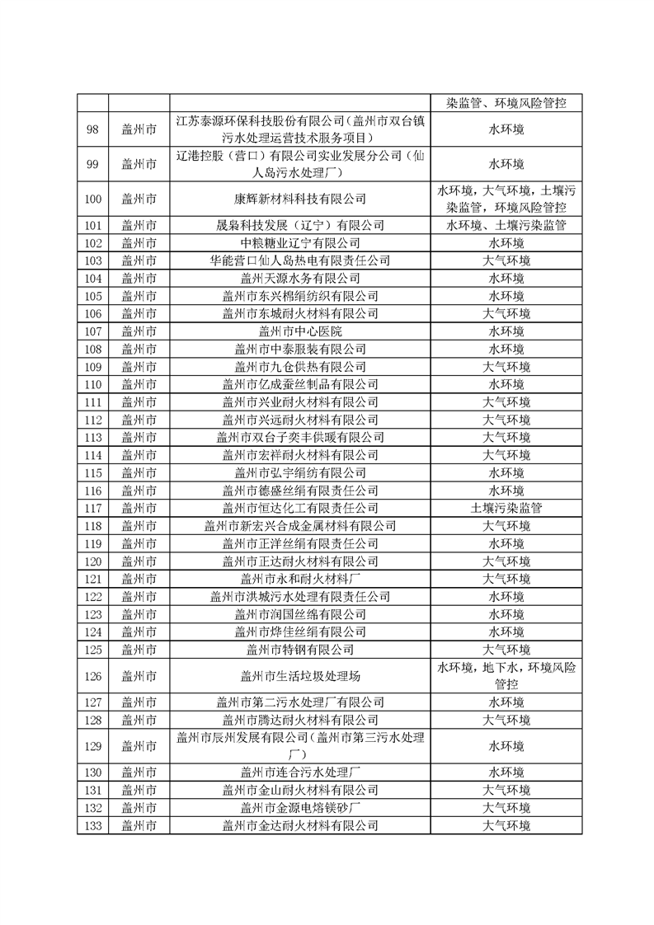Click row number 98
(92, 129)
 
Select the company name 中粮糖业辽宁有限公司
(300, 242)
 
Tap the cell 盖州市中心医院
(300, 331)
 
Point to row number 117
(92, 508)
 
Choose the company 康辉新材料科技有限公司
(300, 199)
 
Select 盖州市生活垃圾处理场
(300, 676)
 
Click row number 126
(92, 676)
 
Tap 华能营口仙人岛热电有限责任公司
(300, 261)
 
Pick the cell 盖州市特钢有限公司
(300, 650)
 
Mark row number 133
(92, 824)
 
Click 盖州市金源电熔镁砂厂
(300, 807)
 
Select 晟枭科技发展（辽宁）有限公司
(300, 225)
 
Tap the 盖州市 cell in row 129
(139, 746)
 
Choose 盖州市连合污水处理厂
(300, 772)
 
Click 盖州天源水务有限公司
(300, 278)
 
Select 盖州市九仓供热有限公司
(300, 366)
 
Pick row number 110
(92, 384)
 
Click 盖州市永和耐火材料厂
(300, 579)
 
